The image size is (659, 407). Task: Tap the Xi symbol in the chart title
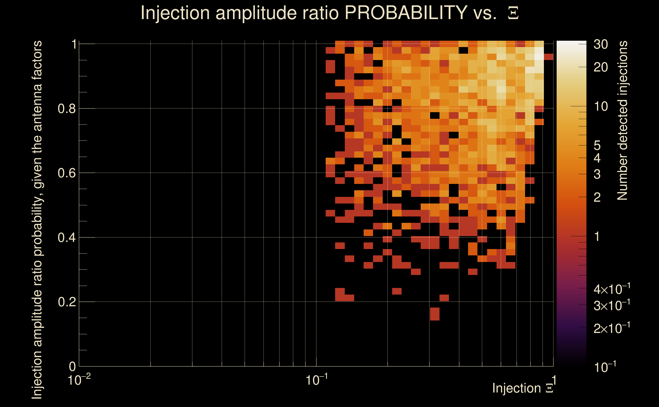coord(513,13)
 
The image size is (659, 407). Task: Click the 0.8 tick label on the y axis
coord(66,109)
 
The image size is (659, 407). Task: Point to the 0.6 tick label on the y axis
coord(66,173)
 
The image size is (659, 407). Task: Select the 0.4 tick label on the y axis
coord(66,238)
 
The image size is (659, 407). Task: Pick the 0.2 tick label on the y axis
coord(66,302)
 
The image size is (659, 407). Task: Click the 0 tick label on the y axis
coord(72,367)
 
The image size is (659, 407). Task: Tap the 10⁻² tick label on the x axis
coord(79,380)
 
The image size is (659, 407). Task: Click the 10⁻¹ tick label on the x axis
coord(317,380)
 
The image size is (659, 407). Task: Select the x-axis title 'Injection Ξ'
coord(523,388)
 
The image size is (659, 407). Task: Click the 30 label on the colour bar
coord(600,45)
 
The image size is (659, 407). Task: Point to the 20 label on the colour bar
coord(600,67)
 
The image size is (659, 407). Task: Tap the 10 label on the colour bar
coord(600,107)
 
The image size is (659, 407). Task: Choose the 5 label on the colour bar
coord(597,146)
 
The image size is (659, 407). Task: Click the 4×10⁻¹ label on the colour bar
coord(612,289)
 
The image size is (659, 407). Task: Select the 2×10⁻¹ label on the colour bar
coord(612,328)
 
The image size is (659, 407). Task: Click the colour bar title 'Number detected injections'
coord(622,120)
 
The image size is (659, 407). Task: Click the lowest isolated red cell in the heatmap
coord(435,314)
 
